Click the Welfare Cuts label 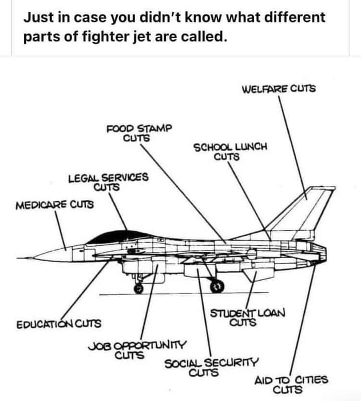click(x=278, y=88)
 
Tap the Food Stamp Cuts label click(x=138, y=133)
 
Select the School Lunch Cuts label click(x=230, y=151)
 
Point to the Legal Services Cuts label click(x=108, y=182)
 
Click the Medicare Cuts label click(x=55, y=204)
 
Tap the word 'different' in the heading click(x=294, y=18)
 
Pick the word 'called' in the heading click(x=205, y=38)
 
